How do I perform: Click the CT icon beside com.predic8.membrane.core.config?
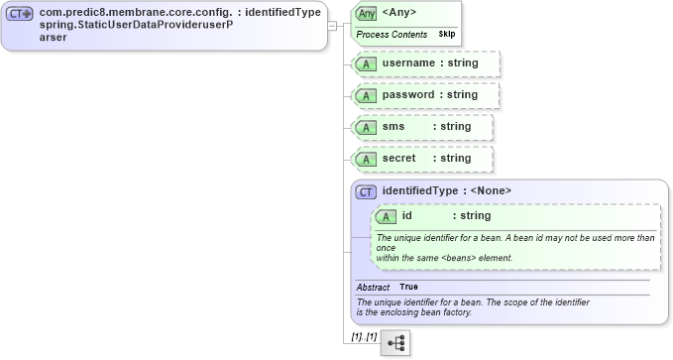pyautogui.click(x=21, y=13)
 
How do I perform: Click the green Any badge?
pyautogui.click(x=367, y=13)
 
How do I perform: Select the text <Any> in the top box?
pyautogui.click(x=399, y=13)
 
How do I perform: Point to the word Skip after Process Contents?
pyautogui.click(x=446, y=34)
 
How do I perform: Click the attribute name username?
pyautogui.click(x=409, y=62)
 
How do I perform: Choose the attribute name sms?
pyautogui.click(x=393, y=127)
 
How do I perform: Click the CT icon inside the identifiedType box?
pyautogui.click(x=366, y=191)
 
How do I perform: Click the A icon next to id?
pyautogui.click(x=384, y=216)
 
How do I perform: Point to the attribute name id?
pyautogui.click(x=406, y=216)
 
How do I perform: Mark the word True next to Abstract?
pyautogui.click(x=408, y=287)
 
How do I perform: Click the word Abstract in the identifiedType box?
pyautogui.click(x=373, y=287)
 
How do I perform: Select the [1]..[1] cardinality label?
pyautogui.click(x=364, y=337)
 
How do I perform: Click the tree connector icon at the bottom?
pyautogui.click(x=396, y=342)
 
